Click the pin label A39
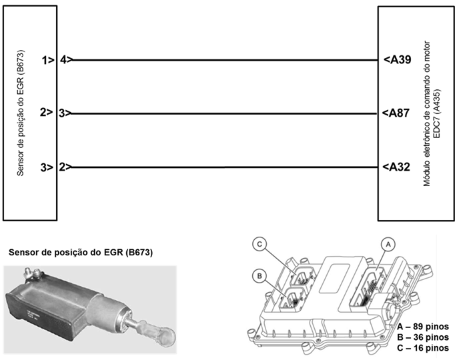click(x=398, y=59)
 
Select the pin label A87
click(x=396, y=113)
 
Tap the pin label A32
click(x=396, y=167)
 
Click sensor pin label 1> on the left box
click(x=48, y=60)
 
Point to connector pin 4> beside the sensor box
click(x=67, y=59)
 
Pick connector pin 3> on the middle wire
click(x=65, y=113)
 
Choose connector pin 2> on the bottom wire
click(x=65, y=167)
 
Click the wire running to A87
click(x=224, y=113)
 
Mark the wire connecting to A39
click(x=225, y=60)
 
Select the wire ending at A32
click(x=225, y=167)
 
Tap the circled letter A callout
click(x=388, y=244)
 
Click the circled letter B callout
click(x=260, y=276)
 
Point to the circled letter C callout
click(x=260, y=244)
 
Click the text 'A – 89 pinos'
click(x=423, y=327)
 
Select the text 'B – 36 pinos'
click(x=423, y=337)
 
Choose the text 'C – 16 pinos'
click(x=423, y=348)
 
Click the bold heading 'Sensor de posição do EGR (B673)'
click(x=81, y=253)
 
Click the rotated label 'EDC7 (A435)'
click(x=437, y=113)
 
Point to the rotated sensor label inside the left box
click(x=20, y=113)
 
